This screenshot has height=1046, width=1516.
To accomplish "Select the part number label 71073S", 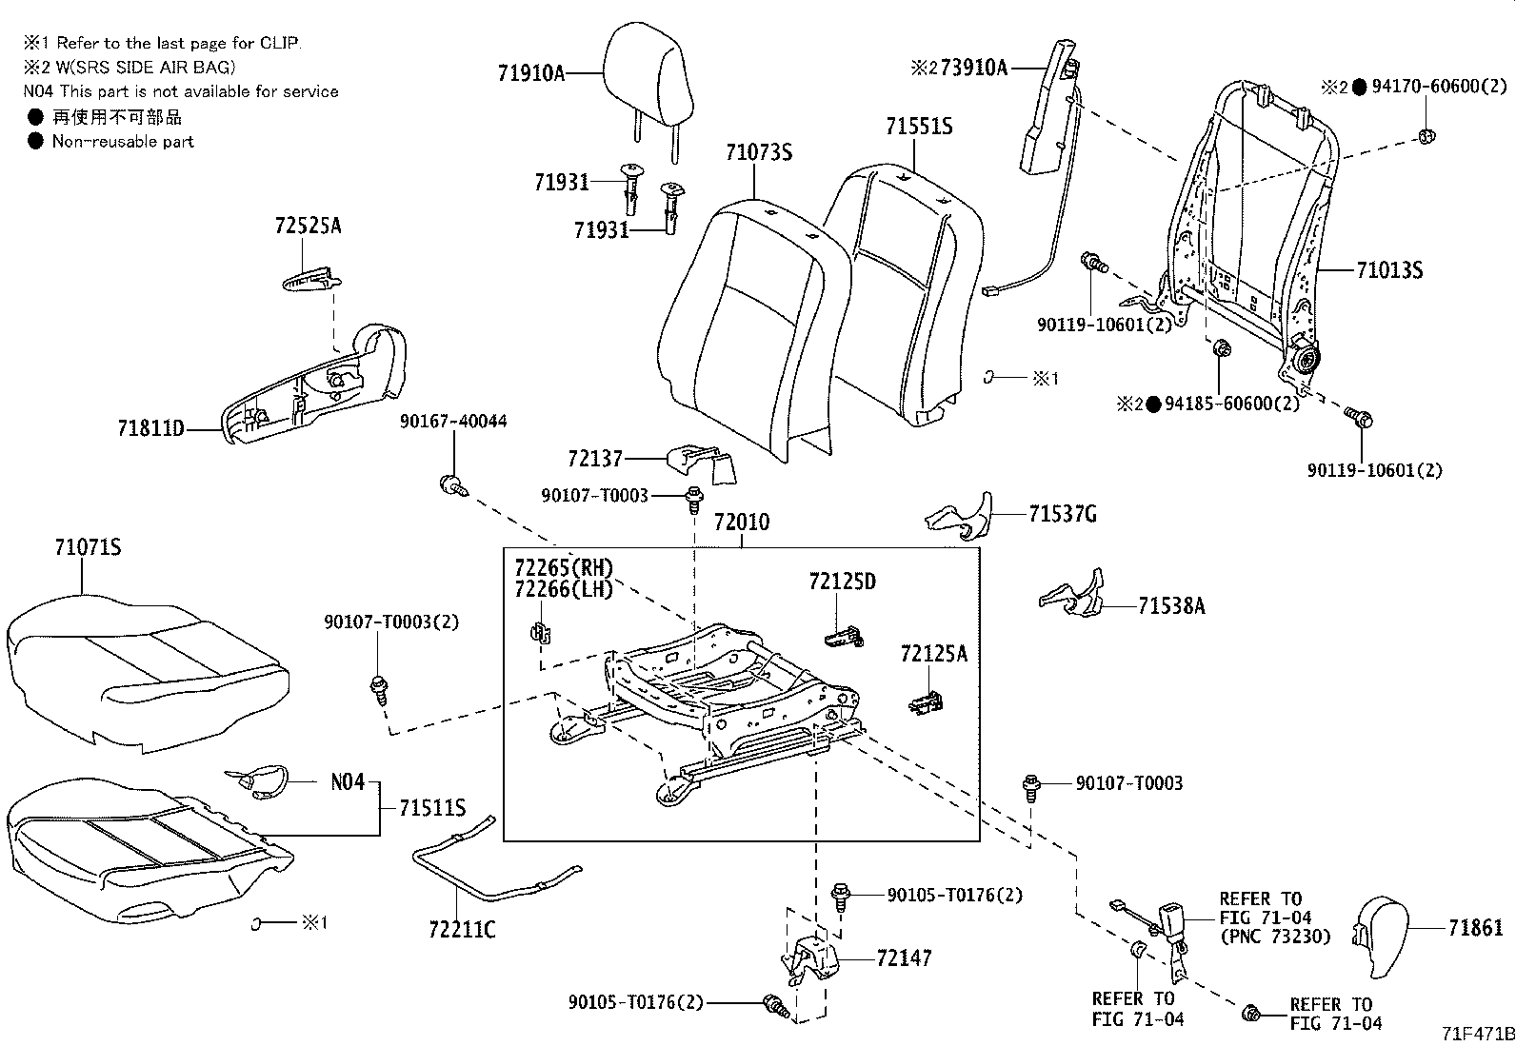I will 758,152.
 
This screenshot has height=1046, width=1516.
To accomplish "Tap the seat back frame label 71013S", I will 1389,270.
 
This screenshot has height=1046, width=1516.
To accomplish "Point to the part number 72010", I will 742,523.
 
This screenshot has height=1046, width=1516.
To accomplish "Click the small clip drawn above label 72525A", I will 309,278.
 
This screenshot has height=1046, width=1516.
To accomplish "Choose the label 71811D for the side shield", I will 150,429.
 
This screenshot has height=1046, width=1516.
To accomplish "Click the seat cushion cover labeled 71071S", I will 143,657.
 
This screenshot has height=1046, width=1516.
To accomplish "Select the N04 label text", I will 348,781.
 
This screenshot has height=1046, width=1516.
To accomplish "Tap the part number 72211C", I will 462,929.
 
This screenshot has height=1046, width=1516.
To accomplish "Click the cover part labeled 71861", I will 1389,936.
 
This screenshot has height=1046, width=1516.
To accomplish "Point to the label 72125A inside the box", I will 933,653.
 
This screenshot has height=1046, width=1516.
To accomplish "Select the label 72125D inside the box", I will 842,581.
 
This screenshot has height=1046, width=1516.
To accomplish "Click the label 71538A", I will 1170,605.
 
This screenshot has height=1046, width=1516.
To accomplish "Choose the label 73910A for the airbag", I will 973,68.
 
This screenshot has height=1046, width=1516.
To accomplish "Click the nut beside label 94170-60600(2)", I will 1426,135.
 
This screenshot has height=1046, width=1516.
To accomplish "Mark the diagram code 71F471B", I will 1476,1034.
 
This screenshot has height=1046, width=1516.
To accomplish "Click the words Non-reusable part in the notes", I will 123,142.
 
